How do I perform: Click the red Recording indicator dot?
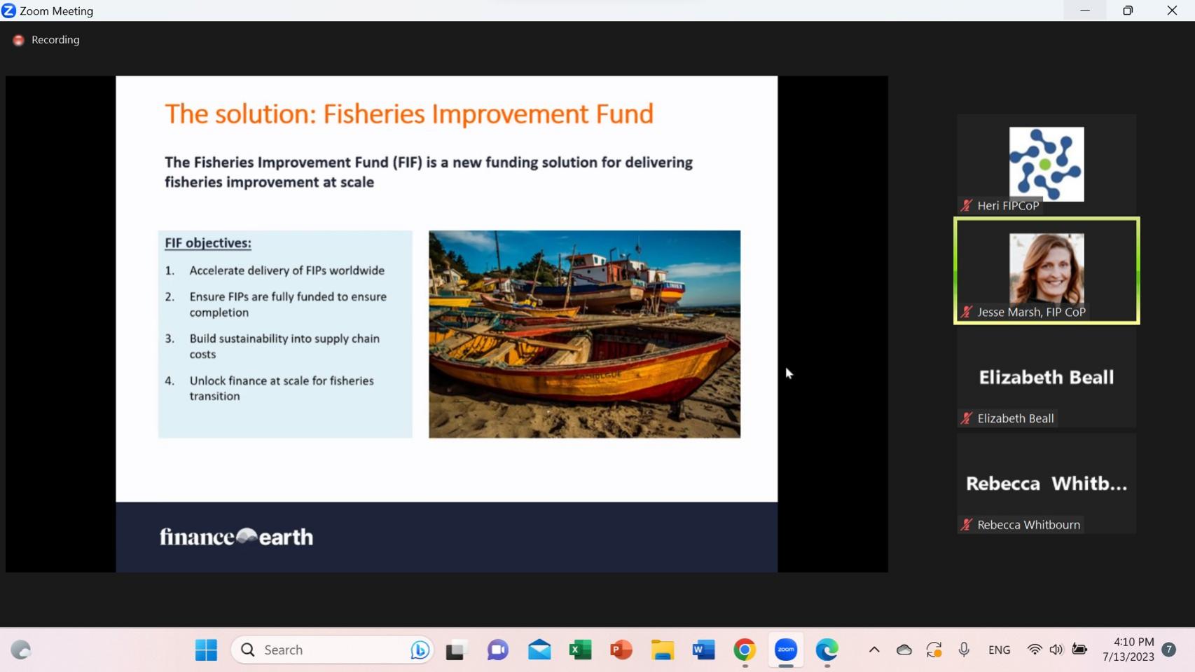tap(19, 40)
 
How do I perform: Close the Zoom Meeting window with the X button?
tap(1171, 10)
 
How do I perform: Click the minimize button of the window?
tap(1084, 10)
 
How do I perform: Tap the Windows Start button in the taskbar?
tap(206, 650)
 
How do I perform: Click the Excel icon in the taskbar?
tap(580, 650)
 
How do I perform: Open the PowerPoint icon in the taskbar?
tap(621, 650)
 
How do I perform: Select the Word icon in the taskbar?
tap(703, 650)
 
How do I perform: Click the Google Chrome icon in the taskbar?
tap(744, 650)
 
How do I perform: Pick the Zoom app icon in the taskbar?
tap(785, 650)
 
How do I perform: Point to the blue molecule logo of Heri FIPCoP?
tap(1047, 164)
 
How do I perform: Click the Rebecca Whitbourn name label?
tap(1028, 525)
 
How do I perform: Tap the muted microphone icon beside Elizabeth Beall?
tap(966, 418)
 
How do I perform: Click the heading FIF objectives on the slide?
tap(208, 243)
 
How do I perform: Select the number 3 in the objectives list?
tap(170, 338)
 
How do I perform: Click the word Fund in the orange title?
tap(625, 114)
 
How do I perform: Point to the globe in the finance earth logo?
tap(247, 535)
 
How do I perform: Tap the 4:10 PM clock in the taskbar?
tap(1133, 642)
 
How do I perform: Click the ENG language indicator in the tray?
tap(999, 650)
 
